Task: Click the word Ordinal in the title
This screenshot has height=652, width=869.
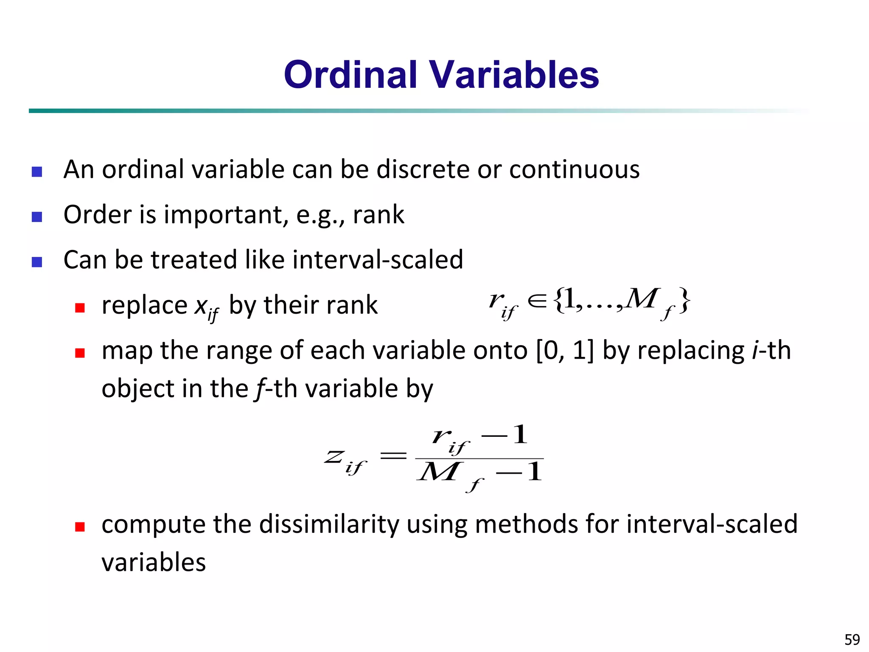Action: coord(350,75)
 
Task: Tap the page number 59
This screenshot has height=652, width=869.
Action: coord(852,639)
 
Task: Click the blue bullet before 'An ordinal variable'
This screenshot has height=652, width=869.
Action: coord(37,171)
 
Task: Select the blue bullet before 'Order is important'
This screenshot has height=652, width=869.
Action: coord(37,217)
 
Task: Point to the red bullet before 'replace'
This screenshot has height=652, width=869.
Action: coord(80,307)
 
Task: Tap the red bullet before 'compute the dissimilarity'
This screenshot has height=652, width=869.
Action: coord(80,527)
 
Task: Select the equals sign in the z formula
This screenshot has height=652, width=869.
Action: coord(393,456)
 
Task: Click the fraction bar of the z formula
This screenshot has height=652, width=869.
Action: coord(479,458)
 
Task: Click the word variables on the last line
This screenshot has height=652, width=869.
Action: coord(154,562)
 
